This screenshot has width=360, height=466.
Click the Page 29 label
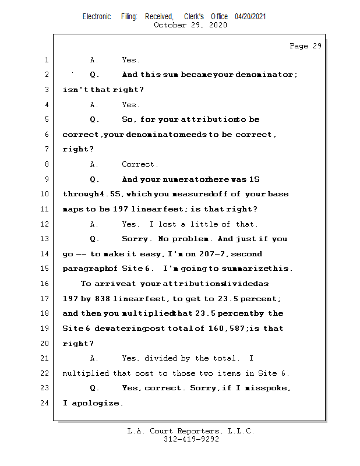click(305, 46)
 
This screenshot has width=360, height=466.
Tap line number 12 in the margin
click(46, 224)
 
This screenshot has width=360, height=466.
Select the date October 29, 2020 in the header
click(190, 25)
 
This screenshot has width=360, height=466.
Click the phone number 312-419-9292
click(191, 440)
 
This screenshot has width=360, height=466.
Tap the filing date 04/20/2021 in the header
click(250, 17)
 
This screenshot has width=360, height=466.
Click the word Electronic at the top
click(97, 17)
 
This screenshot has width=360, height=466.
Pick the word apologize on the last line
click(97, 403)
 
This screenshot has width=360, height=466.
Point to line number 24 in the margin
click(46, 403)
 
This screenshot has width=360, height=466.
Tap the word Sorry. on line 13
click(137, 239)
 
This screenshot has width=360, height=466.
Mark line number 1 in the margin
click(46, 60)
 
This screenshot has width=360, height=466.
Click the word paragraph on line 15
click(83, 269)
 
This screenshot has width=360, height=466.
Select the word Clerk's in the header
click(195, 17)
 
